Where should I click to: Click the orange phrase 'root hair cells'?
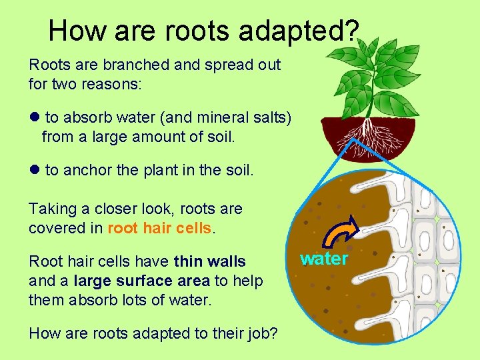point(159,227)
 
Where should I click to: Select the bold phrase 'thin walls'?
point(209,262)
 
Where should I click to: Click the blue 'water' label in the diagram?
point(324,259)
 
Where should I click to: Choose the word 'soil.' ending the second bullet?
point(238,170)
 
